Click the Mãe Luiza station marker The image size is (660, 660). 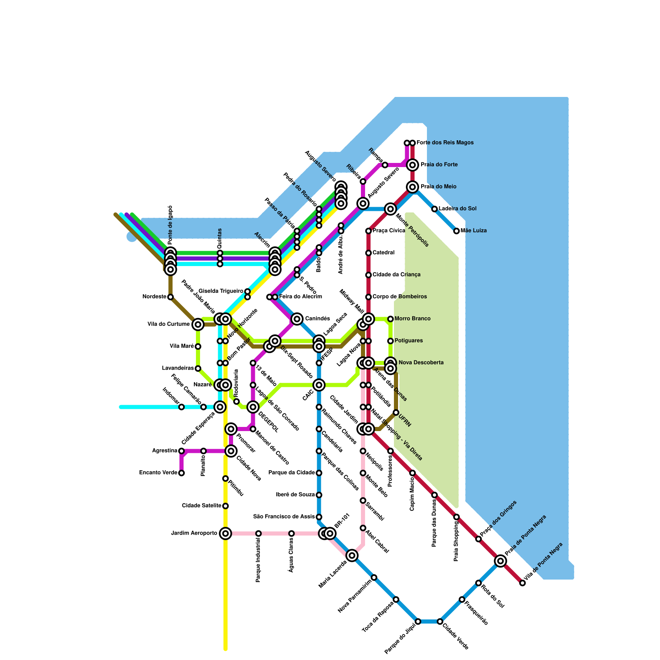click(x=456, y=231)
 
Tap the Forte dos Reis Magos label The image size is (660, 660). click(x=445, y=143)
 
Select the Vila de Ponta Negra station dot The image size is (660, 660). click(x=522, y=583)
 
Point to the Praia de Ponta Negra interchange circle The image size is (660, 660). click(x=500, y=561)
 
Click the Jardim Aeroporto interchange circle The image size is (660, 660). click(x=225, y=533)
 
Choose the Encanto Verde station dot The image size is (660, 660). click(x=181, y=473)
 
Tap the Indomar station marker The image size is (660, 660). click(x=181, y=407)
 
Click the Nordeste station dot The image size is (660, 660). click(x=170, y=297)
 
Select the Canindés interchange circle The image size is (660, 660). click(x=297, y=319)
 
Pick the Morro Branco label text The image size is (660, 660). click(x=412, y=318)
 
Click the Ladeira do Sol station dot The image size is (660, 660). click(x=434, y=209)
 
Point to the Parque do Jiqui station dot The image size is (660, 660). click(x=418, y=621)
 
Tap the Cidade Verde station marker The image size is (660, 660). click(x=440, y=621)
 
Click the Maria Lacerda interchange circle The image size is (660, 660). click(x=352, y=555)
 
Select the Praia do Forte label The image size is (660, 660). click(x=439, y=165)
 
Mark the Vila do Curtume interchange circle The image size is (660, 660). click(x=198, y=324)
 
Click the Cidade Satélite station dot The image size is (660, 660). click(x=225, y=506)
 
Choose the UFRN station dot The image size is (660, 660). click(x=396, y=412)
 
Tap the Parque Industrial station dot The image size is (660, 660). click(x=258, y=533)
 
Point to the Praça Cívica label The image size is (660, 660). click(x=389, y=231)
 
